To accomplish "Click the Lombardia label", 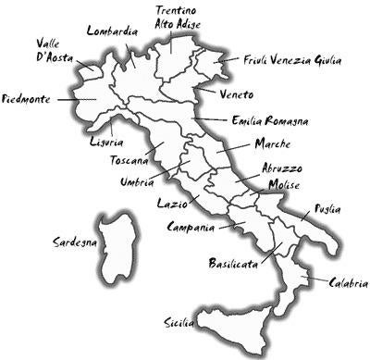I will point(112,31).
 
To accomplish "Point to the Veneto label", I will point(239,93).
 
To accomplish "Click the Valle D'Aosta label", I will point(54,52).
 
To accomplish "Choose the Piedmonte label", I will point(27,98).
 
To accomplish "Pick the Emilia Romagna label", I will point(271,120).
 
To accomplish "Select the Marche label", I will point(272,144).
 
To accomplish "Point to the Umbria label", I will point(137,182).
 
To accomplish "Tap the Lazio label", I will point(173,203).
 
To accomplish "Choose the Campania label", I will point(191,226).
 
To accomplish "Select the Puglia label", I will point(328,209).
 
